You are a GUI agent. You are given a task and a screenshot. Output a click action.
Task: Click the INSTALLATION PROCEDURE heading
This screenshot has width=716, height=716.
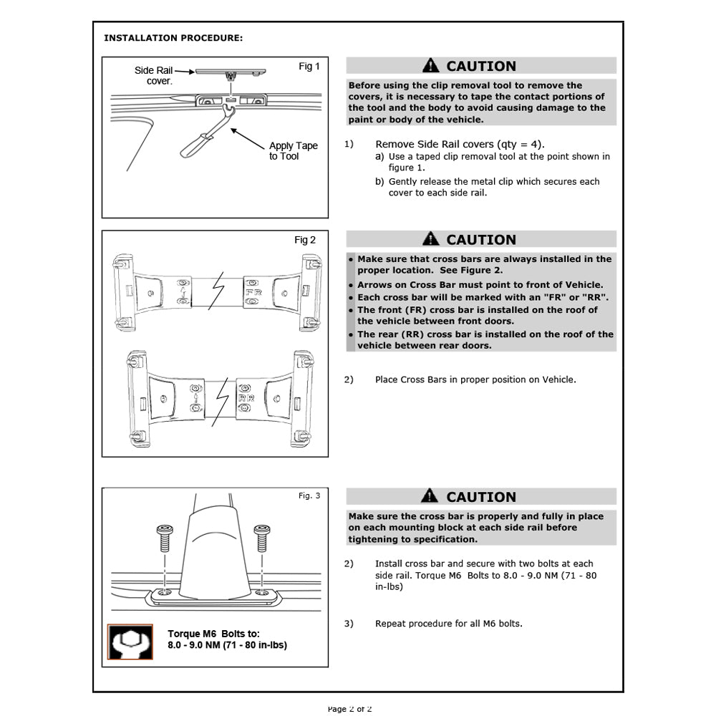(173, 37)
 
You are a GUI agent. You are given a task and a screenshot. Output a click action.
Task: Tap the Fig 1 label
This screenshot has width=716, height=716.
(309, 67)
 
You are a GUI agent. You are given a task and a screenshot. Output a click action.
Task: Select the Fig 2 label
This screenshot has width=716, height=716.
(305, 241)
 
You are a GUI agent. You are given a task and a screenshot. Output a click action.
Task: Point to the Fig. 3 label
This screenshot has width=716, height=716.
(309, 495)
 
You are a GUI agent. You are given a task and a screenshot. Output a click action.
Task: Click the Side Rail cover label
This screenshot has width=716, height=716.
(153, 76)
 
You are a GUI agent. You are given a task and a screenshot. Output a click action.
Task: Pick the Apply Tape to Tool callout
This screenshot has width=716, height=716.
(294, 151)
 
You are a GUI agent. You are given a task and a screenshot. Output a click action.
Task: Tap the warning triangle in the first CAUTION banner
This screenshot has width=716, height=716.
(430, 66)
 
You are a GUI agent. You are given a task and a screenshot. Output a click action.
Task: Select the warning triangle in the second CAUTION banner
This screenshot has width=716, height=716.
(430, 239)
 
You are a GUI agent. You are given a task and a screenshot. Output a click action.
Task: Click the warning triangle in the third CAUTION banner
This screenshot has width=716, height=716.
(430, 495)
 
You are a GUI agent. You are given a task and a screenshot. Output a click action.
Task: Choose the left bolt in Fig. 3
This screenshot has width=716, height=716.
(165, 536)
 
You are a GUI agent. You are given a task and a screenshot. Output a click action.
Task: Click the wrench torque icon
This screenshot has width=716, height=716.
(130, 642)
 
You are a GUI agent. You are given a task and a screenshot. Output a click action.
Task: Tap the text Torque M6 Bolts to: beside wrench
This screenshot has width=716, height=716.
(213, 634)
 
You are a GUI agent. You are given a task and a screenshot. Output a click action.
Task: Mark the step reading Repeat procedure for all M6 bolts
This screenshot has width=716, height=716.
(448, 624)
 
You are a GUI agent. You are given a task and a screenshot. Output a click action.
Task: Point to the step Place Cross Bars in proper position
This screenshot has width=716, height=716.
(475, 379)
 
